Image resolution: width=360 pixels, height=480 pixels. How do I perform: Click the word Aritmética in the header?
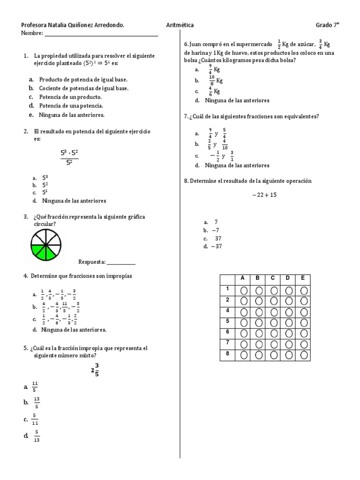point(180,25)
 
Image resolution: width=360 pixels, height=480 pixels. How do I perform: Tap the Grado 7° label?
point(327,25)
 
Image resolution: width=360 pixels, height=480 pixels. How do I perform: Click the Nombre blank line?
point(101,34)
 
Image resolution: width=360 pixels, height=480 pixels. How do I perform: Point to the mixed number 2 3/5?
point(95,369)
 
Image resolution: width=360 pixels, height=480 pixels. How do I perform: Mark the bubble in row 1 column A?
point(244,291)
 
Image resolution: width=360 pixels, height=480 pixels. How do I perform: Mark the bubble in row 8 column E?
point(304,355)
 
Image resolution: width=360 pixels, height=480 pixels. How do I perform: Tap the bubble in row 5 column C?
point(274,323)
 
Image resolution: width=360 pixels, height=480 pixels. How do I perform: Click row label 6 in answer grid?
point(227,331)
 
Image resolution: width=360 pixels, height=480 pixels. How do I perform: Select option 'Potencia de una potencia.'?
point(71,106)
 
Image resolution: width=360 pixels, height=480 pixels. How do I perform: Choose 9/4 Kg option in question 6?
point(214,69)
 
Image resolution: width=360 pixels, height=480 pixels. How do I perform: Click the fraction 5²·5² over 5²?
point(69,157)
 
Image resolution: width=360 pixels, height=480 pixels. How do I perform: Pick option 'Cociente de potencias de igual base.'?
point(83,88)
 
